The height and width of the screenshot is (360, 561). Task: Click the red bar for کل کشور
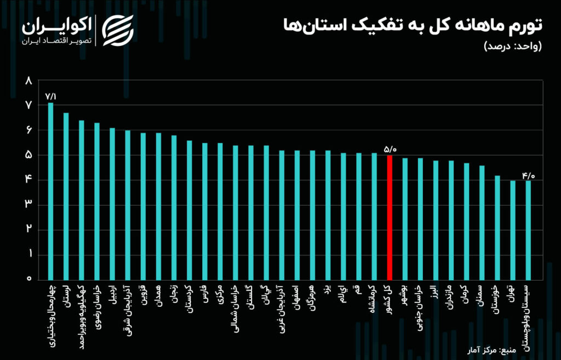390,217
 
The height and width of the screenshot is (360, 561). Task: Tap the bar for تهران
513,230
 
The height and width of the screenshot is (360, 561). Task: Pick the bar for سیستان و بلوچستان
528,230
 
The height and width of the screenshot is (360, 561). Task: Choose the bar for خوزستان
497,227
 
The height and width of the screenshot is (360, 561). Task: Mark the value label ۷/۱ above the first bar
51,96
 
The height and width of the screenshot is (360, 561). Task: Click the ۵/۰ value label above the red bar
390,149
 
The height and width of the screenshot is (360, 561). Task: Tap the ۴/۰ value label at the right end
528,175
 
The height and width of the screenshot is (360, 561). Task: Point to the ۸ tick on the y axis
29,81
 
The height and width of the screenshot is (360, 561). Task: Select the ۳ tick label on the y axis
29,204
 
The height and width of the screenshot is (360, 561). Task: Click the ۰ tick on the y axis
29,279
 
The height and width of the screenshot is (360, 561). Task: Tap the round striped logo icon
119,31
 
